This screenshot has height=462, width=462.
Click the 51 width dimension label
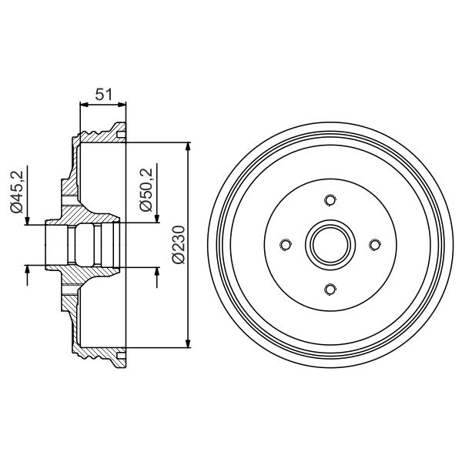point(104,94)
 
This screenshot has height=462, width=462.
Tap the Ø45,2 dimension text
point(16,191)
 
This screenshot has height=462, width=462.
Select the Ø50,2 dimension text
point(146,189)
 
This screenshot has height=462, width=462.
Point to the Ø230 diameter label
point(179,244)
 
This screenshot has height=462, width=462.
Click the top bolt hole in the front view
point(330,200)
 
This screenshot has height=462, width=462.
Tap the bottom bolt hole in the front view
point(330,289)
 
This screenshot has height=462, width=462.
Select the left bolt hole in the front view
point(285,245)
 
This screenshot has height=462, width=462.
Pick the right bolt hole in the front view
point(375,245)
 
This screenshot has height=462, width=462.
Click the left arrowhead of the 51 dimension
point(85,105)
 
